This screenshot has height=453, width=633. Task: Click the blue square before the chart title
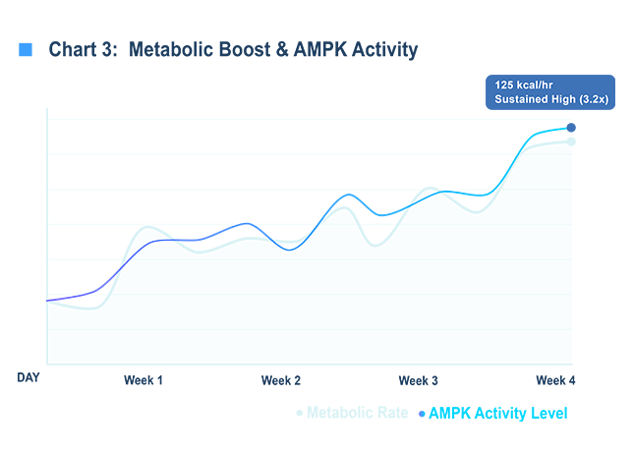click(x=27, y=49)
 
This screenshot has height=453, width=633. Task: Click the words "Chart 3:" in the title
click(x=83, y=49)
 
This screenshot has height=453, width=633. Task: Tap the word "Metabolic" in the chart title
click(x=169, y=49)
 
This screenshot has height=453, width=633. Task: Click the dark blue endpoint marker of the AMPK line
click(x=571, y=128)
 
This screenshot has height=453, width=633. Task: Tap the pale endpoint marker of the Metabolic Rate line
click(x=571, y=142)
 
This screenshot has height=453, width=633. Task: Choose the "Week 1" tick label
click(x=144, y=380)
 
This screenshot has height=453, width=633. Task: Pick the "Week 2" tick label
click(x=281, y=380)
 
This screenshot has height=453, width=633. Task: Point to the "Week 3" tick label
click(x=419, y=380)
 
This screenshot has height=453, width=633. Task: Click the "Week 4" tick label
click(x=555, y=380)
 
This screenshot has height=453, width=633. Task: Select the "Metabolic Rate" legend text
click(x=359, y=414)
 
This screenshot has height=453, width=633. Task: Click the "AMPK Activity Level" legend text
click(x=498, y=414)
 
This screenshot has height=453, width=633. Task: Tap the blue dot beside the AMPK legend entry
click(x=423, y=414)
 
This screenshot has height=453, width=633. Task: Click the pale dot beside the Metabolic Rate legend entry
click(x=300, y=414)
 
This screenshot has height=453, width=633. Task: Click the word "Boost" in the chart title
click(x=238, y=49)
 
